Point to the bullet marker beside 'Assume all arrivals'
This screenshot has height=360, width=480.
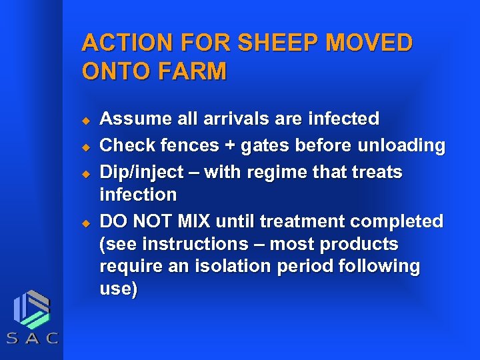(x=85, y=121)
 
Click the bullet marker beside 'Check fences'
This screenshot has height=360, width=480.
(x=85, y=147)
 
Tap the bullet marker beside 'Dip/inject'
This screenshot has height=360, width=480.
(x=85, y=173)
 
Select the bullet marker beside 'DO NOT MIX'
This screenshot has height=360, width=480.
(x=85, y=222)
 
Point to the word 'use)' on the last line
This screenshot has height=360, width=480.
(x=118, y=290)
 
